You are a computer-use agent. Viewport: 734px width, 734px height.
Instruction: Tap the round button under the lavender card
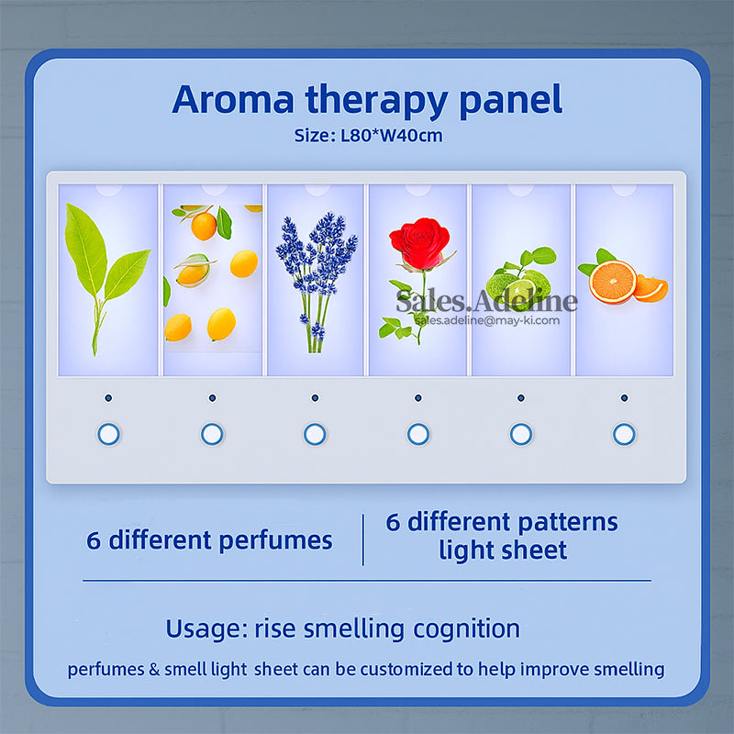pyautogui.click(x=315, y=434)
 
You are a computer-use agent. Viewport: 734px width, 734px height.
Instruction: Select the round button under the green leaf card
pyautogui.click(x=109, y=434)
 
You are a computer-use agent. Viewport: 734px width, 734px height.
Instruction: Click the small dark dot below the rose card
pyautogui.click(x=418, y=398)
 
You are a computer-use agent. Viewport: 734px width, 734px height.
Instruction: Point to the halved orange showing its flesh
pyautogui.click(x=613, y=281)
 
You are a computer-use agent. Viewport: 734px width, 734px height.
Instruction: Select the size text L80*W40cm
pyautogui.click(x=395, y=136)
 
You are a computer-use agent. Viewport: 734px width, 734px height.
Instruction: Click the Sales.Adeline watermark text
pyautogui.click(x=486, y=300)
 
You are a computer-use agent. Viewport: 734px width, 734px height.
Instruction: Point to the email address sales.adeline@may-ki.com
pyautogui.click(x=487, y=320)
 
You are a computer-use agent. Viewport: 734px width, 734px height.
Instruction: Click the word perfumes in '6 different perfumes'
pyautogui.click(x=275, y=539)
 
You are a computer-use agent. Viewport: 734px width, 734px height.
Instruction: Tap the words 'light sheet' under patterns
pyautogui.click(x=503, y=550)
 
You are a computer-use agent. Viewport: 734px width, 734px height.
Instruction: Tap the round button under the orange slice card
pyautogui.click(x=624, y=434)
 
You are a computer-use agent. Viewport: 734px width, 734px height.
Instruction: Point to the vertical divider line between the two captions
pyautogui.click(x=363, y=539)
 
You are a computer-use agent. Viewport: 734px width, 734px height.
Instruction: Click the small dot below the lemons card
pyautogui.click(x=212, y=398)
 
